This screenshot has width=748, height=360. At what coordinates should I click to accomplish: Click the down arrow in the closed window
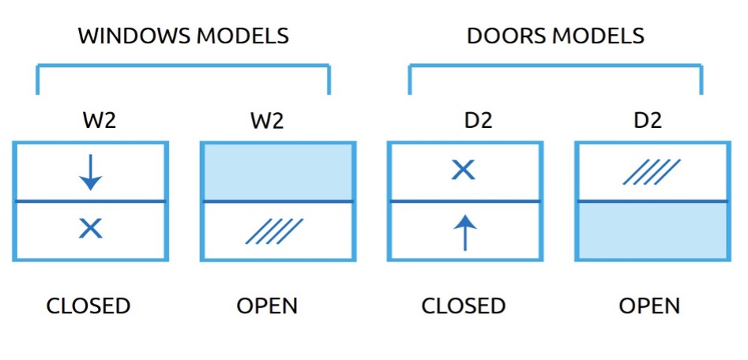tap(91, 172)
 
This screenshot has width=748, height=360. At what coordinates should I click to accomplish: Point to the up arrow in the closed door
tap(465, 233)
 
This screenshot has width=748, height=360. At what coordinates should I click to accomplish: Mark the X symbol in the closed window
tap(91, 229)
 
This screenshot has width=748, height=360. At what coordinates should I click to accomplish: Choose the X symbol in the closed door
tap(464, 170)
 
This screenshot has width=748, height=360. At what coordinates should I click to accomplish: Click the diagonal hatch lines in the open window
tap(275, 231)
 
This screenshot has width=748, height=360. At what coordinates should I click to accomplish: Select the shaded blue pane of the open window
tap(278, 172)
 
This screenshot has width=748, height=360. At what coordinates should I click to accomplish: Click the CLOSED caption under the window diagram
tap(88, 306)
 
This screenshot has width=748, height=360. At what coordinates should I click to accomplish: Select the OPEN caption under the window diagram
tap(267, 306)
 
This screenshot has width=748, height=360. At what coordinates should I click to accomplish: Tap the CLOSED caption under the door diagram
tap(463, 306)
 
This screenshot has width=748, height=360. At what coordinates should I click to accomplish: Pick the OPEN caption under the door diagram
tap(649, 306)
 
